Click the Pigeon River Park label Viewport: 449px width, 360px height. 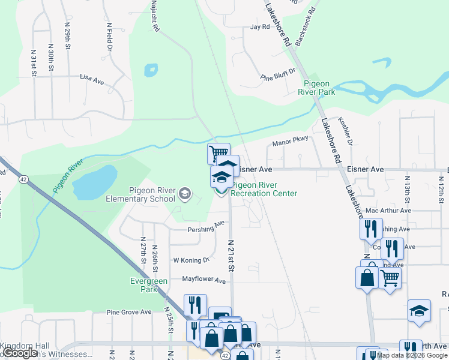tap(319, 88)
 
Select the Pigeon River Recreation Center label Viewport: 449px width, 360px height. tap(264, 190)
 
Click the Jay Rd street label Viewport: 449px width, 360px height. tap(260, 27)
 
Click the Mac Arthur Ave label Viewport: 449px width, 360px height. tap(388, 211)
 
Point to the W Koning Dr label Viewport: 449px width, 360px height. tap(191, 260)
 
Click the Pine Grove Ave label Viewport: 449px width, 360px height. tap(129, 312)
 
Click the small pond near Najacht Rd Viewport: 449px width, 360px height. tap(150, 70)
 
